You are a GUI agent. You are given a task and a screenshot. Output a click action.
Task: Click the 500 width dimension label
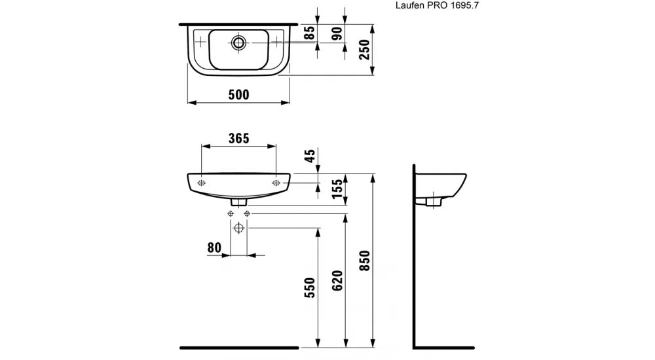coord(238,95)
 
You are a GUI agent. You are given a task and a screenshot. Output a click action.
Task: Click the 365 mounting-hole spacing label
coord(238,139)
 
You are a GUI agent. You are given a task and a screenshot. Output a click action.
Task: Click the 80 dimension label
coord(213,248)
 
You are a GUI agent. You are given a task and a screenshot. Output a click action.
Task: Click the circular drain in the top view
coord(238,43)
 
